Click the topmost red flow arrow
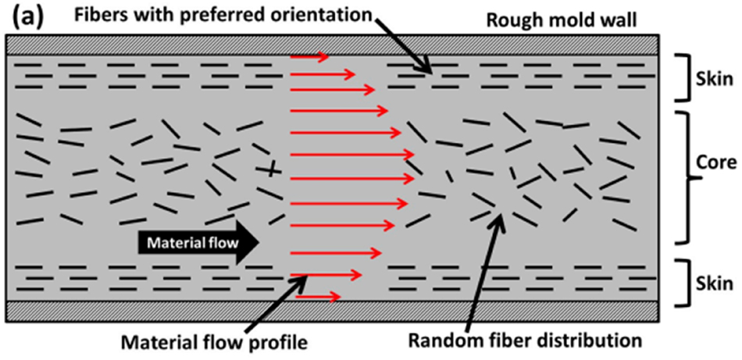(x=309, y=56)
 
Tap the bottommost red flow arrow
(x=318, y=297)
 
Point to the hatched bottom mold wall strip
(x=336, y=311)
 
